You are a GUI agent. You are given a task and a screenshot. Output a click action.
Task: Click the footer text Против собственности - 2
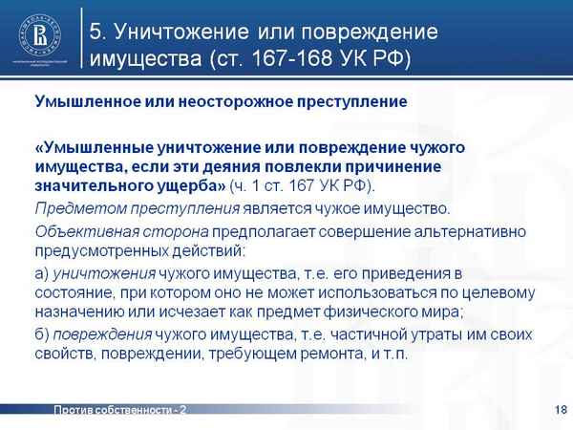[x=119, y=410]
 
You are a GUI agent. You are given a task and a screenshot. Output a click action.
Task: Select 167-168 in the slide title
[x=286, y=59]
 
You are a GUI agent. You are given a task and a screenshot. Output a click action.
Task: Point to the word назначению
[x=74, y=311]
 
